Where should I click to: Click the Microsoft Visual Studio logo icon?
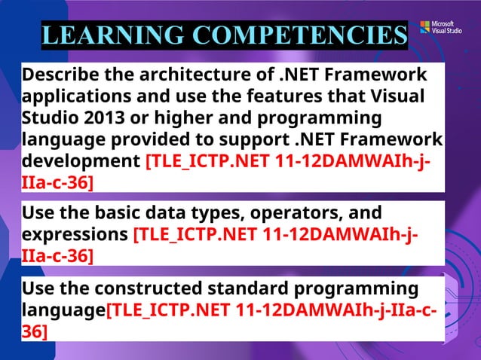pyautogui.click(x=425, y=27)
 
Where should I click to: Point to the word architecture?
pyautogui.click(x=198, y=76)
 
